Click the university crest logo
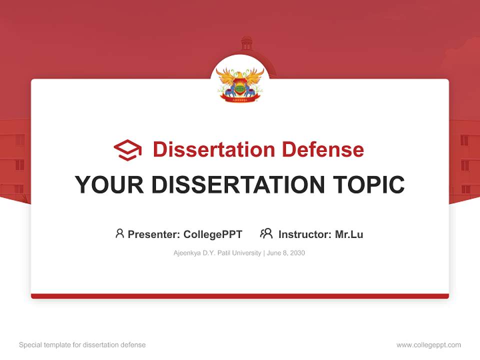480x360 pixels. pos(240,84)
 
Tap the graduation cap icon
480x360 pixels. pos(127,149)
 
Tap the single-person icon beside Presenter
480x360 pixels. pos(119,233)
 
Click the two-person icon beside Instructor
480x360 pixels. pos(266,233)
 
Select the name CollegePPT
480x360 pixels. pos(212,234)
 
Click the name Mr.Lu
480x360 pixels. pos(349,234)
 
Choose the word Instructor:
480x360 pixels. pos(305,234)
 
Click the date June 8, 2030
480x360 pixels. pos(286,253)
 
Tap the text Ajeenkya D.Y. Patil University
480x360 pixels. pos(217,253)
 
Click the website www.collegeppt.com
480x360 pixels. pos(428,345)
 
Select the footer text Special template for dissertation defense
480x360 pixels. pos(82,345)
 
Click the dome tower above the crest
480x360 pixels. pos(246,43)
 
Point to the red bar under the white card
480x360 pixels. pos(240,296)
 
